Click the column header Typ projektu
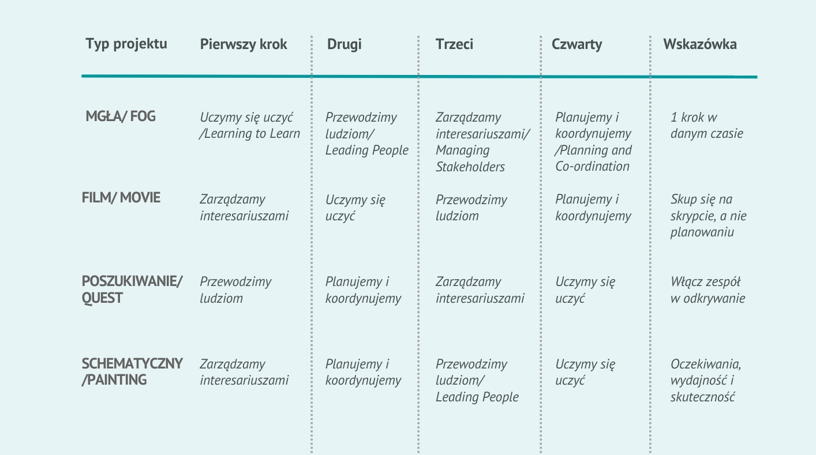pos(126,44)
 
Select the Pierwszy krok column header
pos(244,44)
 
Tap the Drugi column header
pos(345,44)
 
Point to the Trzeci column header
pos(454,44)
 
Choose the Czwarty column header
pos(577,44)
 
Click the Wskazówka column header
pos(700,44)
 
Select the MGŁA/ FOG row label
pos(121,116)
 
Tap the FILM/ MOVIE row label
pos(121,198)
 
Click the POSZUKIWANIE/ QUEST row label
pos(132,289)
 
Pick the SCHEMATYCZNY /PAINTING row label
pos(132,371)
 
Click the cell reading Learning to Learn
pos(250,126)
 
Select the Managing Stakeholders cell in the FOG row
pos(482,142)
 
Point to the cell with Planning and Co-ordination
pos(593,142)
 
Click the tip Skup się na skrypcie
pos(708,216)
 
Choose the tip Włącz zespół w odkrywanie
pos(708,289)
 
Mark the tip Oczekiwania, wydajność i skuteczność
pos(706,380)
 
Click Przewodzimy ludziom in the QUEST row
pos(235,289)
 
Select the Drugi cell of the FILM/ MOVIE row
pos(355,208)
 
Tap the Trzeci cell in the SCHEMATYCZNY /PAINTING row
pos(477,380)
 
